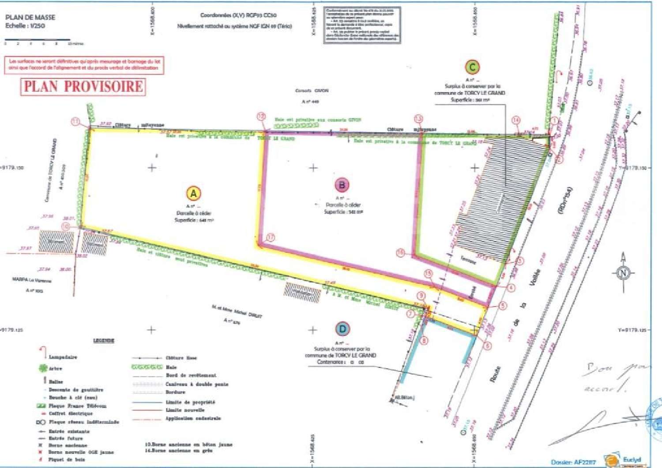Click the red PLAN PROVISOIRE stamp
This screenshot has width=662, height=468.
83,86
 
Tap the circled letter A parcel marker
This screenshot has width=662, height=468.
193,193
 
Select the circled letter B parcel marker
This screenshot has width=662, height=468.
342,185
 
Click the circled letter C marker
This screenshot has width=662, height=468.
472,67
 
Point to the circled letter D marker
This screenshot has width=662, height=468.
342,329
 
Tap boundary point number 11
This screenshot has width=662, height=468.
76,122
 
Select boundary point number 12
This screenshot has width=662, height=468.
261,116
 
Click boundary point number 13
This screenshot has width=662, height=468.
418,119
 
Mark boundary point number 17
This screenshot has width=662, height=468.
270,237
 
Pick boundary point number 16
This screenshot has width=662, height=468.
400,253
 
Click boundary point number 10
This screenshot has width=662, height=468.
66,226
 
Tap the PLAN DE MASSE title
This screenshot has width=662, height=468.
30,17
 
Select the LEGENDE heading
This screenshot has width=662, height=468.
104,341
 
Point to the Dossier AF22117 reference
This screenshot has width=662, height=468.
573,462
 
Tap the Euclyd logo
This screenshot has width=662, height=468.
622,461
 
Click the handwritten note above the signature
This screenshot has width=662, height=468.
613,377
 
